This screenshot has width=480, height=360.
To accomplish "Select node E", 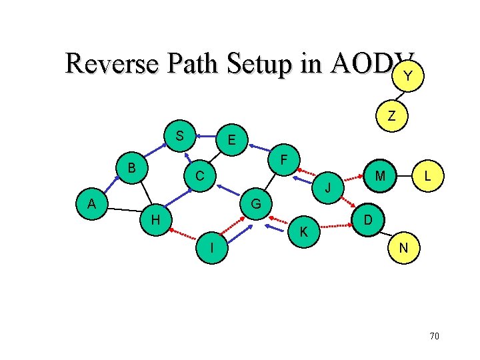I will coord(231,141).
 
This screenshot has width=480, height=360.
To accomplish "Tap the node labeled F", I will coord(284,161).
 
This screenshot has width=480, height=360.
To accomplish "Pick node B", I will coord(132,167).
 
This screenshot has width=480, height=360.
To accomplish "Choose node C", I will coord(199,177).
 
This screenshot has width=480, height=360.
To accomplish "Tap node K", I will coord(303,232).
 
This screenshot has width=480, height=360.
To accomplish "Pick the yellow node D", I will coord(367,219).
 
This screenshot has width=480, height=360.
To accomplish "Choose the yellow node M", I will coord(381,176).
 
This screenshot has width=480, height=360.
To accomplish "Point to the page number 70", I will coord(434,336).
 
